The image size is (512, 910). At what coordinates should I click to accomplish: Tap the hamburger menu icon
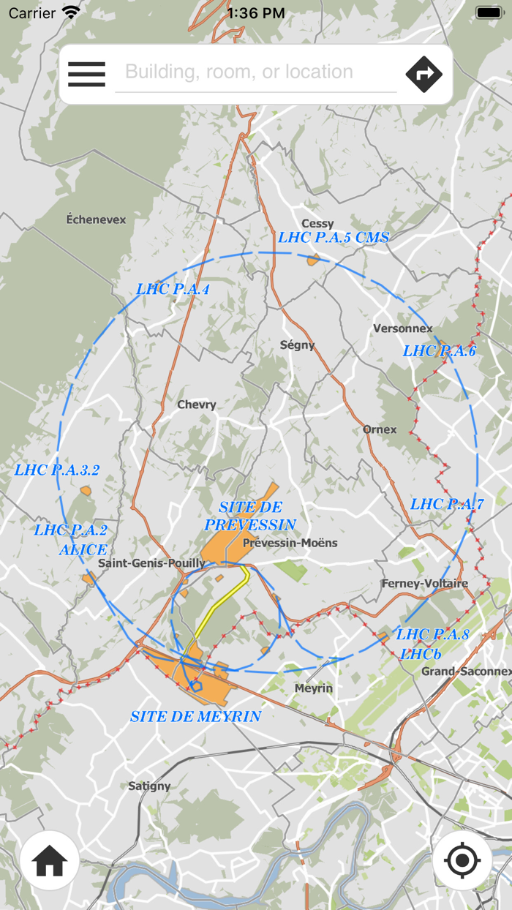[86, 74]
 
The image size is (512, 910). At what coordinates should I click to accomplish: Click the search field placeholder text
[239, 72]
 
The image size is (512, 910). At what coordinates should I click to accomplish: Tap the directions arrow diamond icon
[424, 74]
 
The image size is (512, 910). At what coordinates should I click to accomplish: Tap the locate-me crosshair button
[462, 861]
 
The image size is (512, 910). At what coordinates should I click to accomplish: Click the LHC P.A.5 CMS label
[334, 237]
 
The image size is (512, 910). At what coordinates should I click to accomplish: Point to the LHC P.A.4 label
[173, 289]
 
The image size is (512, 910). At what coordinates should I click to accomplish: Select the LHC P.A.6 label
[439, 351]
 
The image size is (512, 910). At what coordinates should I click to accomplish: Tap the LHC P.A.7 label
[447, 504]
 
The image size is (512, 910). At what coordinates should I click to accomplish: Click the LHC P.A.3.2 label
[57, 470]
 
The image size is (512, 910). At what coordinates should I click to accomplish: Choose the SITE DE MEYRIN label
[195, 716]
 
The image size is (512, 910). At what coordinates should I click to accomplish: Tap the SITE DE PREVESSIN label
[250, 516]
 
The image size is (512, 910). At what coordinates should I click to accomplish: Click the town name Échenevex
[96, 219]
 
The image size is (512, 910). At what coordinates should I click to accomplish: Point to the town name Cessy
[317, 223]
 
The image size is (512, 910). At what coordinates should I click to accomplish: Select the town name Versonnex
[403, 328]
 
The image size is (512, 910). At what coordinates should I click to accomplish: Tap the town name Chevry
[197, 405]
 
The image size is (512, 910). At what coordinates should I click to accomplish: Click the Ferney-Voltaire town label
[425, 583]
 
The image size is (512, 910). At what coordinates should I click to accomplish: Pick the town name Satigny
[149, 786]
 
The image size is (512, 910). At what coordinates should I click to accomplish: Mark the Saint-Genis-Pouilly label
[151, 563]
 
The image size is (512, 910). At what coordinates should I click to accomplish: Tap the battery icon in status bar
[489, 12]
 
